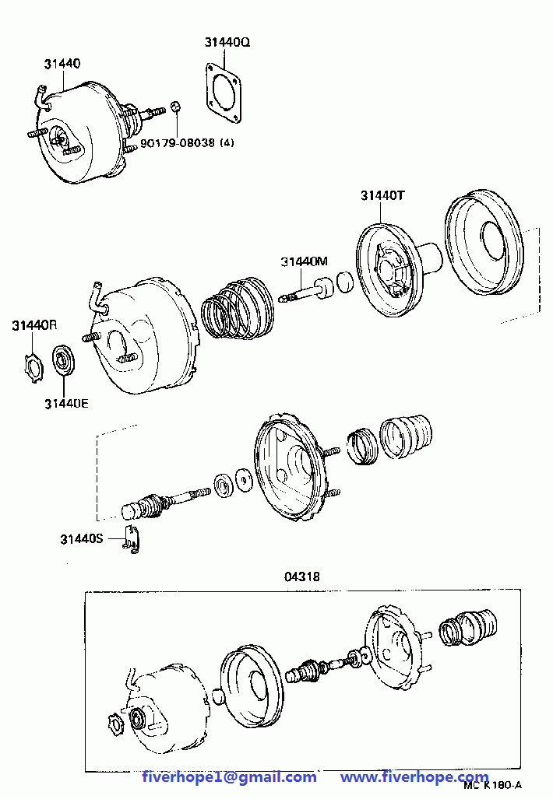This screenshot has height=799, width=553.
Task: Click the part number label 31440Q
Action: [x=227, y=42]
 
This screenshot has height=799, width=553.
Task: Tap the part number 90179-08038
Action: [x=178, y=142]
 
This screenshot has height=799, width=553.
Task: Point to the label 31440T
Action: [x=382, y=196]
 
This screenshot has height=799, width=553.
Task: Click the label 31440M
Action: [x=304, y=262]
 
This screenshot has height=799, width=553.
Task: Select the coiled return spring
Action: [x=238, y=308]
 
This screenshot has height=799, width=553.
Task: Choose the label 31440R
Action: [x=34, y=325]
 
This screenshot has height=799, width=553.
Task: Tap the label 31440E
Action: [x=66, y=404]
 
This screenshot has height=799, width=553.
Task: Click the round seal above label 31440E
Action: [x=64, y=361]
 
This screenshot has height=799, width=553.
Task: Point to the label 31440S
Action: [x=82, y=538]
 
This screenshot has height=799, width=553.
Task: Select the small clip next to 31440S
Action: [x=132, y=538]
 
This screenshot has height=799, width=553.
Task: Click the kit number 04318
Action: [x=302, y=576]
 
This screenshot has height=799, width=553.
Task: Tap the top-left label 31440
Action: [x=62, y=64]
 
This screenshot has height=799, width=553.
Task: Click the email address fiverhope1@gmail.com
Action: [x=229, y=777]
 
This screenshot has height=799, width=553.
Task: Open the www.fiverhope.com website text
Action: [x=414, y=777]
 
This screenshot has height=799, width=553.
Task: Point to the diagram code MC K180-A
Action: [x=492, y=786]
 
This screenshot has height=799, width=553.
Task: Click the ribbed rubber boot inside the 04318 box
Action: [x=468, y=628]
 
